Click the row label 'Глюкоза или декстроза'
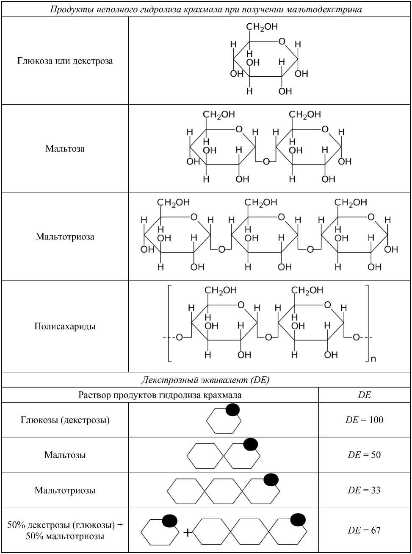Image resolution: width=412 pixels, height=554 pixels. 65,61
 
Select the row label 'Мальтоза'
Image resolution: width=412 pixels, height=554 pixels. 65,148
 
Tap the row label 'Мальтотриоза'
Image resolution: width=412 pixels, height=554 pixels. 65,236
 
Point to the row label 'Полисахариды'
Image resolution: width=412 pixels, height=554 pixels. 65,326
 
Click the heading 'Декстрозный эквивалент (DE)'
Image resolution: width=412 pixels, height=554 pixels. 205,380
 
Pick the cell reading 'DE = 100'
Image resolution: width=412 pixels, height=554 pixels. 364,420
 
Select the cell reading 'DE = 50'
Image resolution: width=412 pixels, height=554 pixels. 364,455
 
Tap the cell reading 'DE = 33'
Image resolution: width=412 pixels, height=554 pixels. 364,490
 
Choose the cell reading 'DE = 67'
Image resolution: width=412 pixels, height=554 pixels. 364,530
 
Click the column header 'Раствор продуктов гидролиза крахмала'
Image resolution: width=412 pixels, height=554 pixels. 160,395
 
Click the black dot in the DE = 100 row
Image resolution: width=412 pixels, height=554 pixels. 233,409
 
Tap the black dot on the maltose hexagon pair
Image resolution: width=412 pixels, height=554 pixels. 251,444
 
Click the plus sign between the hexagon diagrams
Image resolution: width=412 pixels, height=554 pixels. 188,532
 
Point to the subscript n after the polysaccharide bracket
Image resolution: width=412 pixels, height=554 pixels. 373,359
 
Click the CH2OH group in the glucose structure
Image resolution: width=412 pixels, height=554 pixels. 262,27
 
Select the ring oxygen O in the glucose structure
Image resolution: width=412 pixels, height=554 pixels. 282,42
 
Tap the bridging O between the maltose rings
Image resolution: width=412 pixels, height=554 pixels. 266,161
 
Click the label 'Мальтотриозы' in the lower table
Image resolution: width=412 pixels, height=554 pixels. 65,490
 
